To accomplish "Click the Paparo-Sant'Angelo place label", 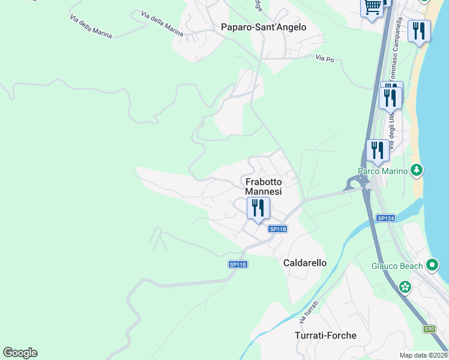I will click(264, 27).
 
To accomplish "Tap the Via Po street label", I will click(324, 58).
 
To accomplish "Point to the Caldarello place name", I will click(304, 263).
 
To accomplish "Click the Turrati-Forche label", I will click(325, 335).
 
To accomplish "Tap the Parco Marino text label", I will click(383, 171).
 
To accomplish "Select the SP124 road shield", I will click(385, 218).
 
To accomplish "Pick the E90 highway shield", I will click(429, 329).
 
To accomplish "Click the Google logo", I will click(20, 353).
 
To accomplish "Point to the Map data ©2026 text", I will click(423, 355).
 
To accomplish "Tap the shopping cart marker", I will click(372, 8).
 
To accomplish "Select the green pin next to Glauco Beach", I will click(432, 265).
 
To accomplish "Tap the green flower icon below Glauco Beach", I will click(406, 287).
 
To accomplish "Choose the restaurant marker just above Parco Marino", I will click(378, 150).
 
